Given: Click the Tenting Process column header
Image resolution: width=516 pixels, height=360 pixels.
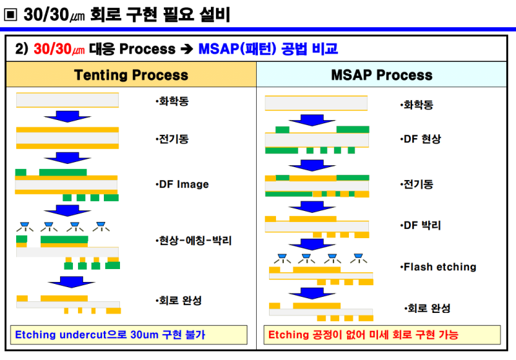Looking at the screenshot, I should (x=131, y=75).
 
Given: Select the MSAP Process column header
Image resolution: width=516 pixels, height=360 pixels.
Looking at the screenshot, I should (x=381, y=75).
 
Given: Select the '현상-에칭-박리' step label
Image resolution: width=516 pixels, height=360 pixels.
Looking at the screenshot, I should (x=193, y=241).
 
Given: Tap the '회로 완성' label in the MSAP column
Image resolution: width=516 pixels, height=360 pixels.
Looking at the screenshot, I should (x=426, y=308).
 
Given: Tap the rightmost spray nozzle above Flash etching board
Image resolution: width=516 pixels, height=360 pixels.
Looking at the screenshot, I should (x=357, y=257).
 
